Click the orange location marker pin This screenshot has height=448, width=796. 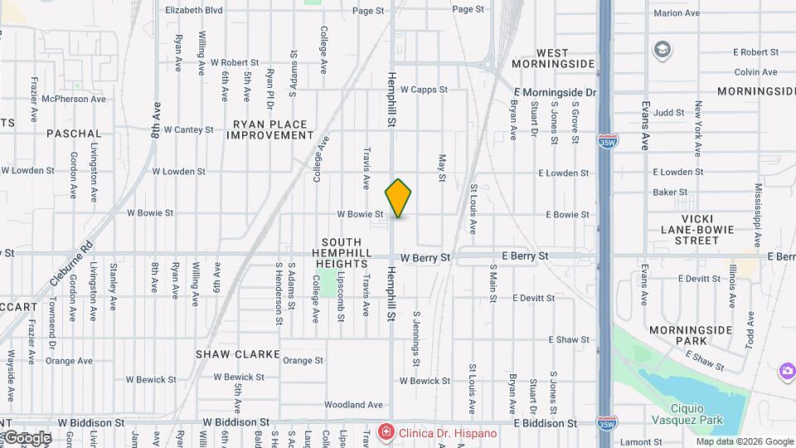pos(399,197)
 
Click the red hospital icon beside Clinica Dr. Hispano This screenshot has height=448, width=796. pos(385,432)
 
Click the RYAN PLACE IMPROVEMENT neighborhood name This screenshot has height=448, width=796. pos(272,129)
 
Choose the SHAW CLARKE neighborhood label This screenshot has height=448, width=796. pos(237,354)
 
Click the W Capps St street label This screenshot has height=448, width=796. pos(424,90)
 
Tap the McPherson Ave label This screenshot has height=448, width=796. pos(74,99)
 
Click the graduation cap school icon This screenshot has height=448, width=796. pos(662,50)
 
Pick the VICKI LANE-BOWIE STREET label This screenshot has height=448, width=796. pos(684,234)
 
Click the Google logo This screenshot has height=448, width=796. pos(27,438)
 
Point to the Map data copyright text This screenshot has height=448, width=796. pos(745,441)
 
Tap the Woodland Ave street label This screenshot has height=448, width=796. pos(353,405)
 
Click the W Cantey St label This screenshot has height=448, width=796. pos(189,129)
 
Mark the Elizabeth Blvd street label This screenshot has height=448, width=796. pos(194,10)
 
